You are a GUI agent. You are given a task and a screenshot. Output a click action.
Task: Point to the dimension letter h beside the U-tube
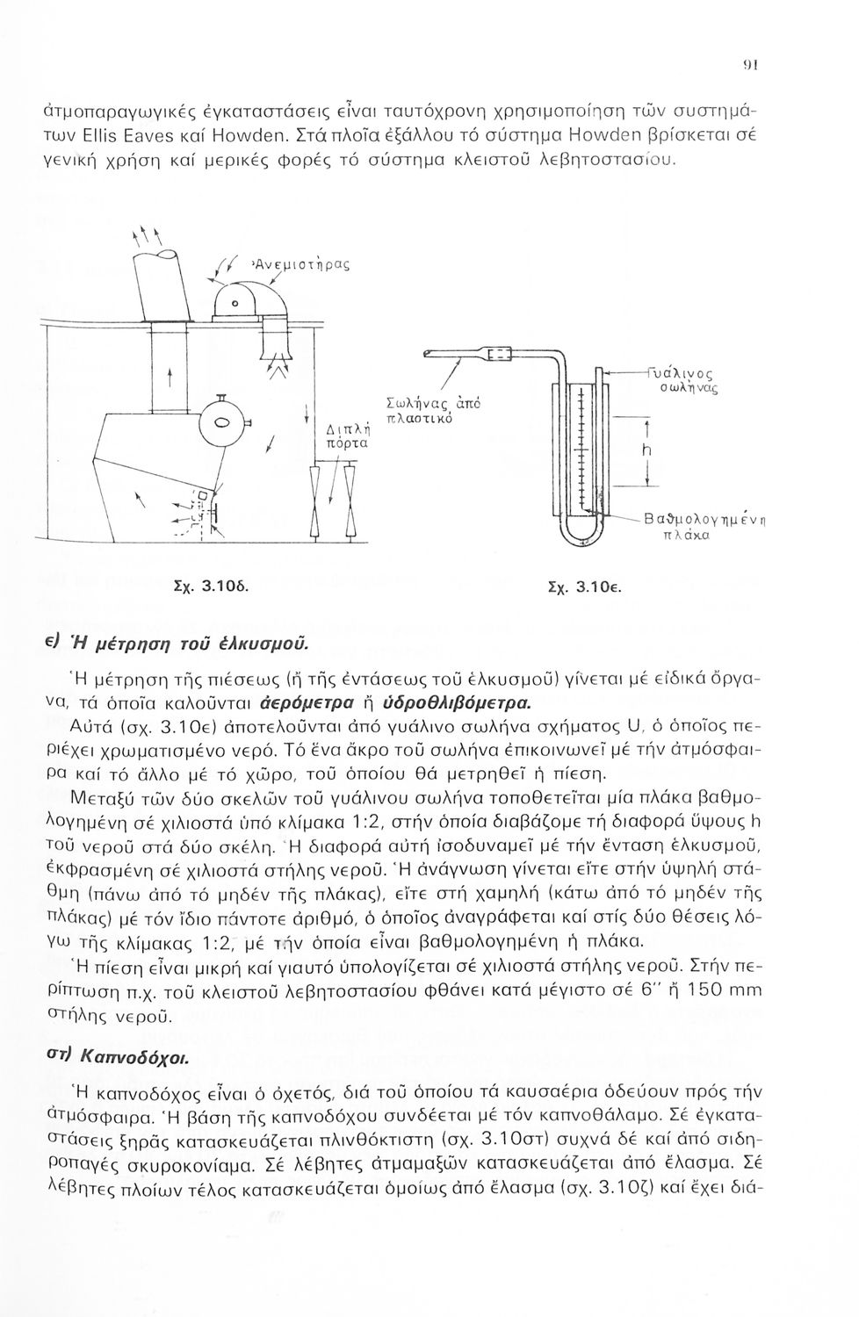click(x=646, y=450)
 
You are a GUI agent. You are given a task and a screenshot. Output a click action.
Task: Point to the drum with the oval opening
click(x=221, y=424)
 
